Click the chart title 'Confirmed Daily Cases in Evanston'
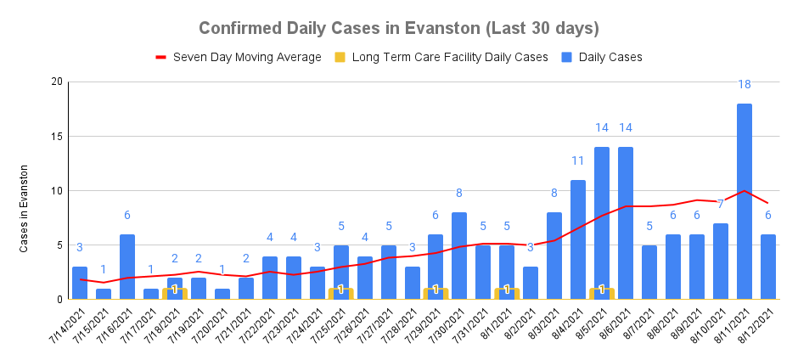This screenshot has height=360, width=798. coord(399,28)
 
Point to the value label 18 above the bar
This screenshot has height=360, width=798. coord(744,84)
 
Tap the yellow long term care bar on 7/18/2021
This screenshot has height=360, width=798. coord(175,293)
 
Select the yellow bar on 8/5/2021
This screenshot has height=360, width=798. coord(602,293)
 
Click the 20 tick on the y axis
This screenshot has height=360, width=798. coord(57,82)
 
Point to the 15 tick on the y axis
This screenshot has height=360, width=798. coord(57,136)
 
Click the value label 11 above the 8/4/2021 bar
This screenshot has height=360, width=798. coord(578,160)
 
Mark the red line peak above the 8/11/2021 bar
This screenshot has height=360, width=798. coord(744,190)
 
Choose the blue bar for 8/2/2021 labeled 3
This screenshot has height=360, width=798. coord(531,283)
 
